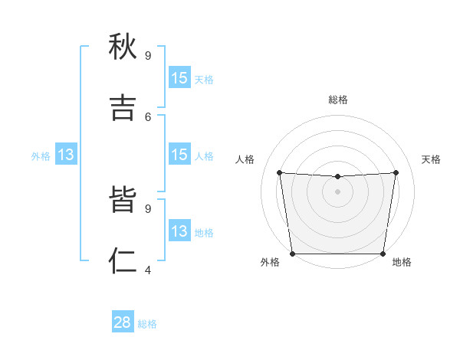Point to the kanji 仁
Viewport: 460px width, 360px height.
pos(123,260)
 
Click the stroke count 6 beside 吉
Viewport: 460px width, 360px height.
pos(148,116)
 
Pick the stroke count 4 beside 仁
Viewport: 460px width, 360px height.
pos(148,270)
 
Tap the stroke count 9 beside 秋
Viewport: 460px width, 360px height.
pos(148,56)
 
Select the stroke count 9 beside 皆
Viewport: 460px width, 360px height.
pos(148,208)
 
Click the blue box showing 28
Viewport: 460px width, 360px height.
pos(123,322)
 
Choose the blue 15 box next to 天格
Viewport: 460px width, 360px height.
pos(179,78)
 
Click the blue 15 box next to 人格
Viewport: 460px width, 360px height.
pos(179,155)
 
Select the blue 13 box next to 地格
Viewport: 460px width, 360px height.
pos(179,231)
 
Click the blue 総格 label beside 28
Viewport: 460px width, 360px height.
pos(147,324)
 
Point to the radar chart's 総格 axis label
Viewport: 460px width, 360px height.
pos(338,100)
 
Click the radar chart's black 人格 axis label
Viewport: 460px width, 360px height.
pos(245,159)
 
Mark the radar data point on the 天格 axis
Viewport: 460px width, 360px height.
pos(396,172)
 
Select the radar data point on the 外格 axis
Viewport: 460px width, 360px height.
pos(292,254)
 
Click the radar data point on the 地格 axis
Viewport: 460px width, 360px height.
pos(383,254)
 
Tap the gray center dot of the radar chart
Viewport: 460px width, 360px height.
pos(337,191)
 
